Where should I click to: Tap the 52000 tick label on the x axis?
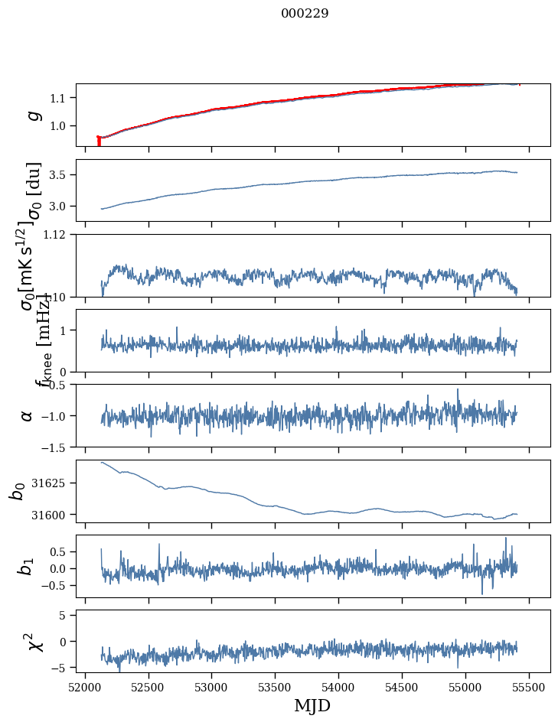(85, 686)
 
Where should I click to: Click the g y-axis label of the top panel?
(32, 115)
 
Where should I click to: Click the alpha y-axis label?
(28, 415)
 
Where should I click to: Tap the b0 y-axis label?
(17, 491)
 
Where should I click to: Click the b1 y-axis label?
(28, 566)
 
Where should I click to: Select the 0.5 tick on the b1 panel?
(60, 551)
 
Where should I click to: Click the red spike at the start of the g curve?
(99, 141)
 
